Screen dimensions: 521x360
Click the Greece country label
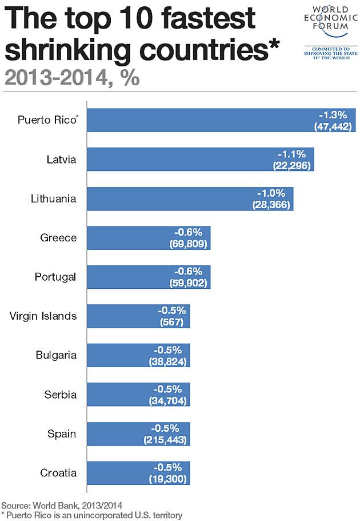click(58, 237)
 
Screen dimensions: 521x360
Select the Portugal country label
click(55, 277)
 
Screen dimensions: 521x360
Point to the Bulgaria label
click(56, 355)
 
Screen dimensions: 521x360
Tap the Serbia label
click(61, 395)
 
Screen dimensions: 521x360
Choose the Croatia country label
click(58, 473)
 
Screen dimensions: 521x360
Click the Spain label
click(62, 433)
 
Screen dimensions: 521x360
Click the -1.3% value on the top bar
click(337, 114)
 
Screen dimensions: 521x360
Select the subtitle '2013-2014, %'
click(71, 78)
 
